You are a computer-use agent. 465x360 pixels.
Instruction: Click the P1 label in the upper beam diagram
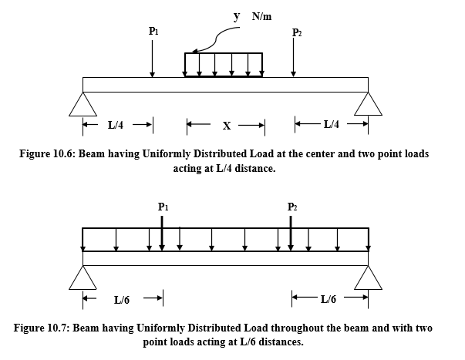tap(153, 31)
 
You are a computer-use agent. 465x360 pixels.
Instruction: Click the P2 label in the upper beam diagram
tap(298, 32)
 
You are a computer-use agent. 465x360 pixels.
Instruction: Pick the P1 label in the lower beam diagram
tap(162, 207)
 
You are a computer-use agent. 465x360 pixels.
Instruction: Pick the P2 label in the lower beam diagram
tap(291, 207)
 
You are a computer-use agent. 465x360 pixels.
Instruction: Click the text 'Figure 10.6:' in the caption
tap(47, 154)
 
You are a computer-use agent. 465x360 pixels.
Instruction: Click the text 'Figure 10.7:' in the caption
tap(42, 328)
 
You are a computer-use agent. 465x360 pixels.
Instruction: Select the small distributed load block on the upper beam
tap(224, 65)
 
